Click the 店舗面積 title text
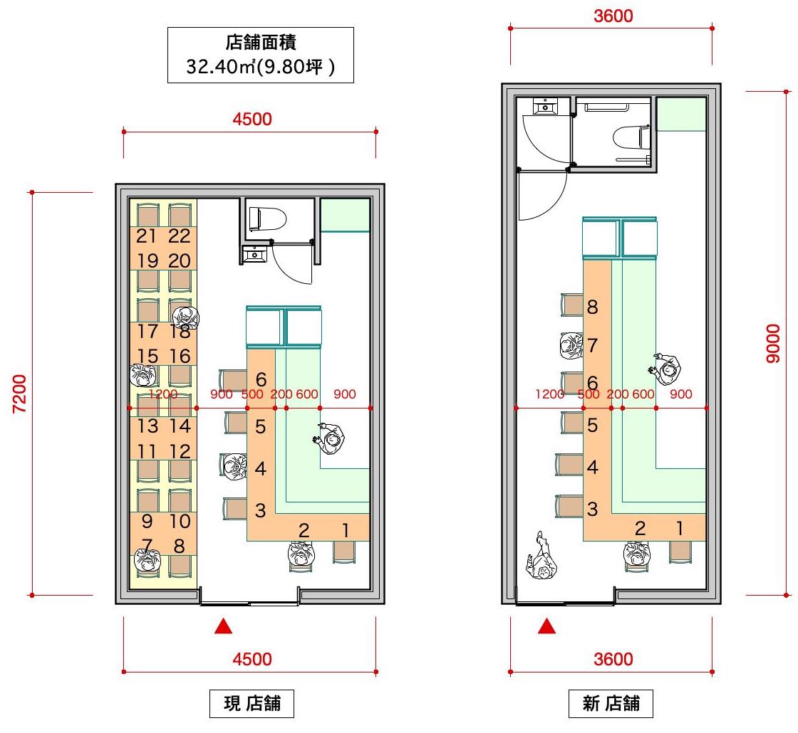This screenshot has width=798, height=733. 261,42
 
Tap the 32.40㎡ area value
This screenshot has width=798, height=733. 220,67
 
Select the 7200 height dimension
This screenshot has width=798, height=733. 19,394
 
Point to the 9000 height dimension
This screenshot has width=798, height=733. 772,343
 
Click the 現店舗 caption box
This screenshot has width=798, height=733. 252,704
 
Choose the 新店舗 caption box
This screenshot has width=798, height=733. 611,704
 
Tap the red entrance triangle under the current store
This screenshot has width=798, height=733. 224,626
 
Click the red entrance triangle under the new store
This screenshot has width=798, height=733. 547,626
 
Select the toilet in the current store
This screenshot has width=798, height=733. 267,218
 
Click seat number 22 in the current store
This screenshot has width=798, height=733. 179,236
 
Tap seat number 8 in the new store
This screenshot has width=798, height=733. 592,307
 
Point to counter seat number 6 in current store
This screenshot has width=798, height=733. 261,379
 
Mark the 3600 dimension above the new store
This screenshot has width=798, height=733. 613,16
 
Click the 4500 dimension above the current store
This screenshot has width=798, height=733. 252,119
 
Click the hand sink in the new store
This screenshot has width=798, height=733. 545,106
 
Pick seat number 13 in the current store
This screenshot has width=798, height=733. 147,426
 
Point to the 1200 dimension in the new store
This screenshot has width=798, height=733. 549,394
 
